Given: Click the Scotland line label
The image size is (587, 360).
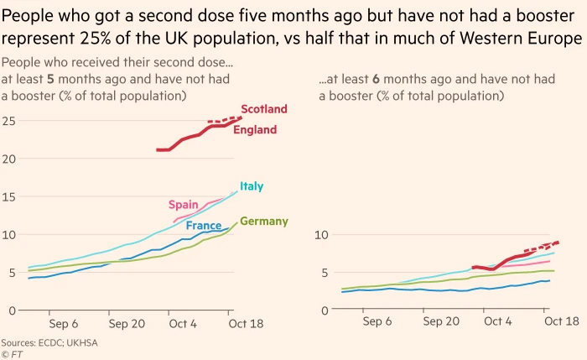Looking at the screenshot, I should (x=263, y=109).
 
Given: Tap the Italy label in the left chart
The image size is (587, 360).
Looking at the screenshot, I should (x=252, y=185).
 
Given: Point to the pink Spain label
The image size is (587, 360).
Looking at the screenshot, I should (x=183, y=205).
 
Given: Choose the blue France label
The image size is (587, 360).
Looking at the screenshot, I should (x=203, y=226).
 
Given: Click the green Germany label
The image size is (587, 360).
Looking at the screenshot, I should (x=263, y=222).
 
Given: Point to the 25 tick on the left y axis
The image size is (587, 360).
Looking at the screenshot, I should (x=9, y=121).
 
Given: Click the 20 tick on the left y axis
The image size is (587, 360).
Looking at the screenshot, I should (x=9, y=159).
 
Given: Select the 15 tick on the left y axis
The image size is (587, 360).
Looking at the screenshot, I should (x=9, y=196).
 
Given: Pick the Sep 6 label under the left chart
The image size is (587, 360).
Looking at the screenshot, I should (x=63, y=322).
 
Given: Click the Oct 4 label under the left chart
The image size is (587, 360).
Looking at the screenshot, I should (x=182, y=322).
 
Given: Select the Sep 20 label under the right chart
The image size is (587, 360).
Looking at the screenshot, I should (x=440, y=322).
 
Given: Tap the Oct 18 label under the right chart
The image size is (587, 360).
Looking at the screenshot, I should (x=560, y=322).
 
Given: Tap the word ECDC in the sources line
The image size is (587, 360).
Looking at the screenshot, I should (x=57, y=342).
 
